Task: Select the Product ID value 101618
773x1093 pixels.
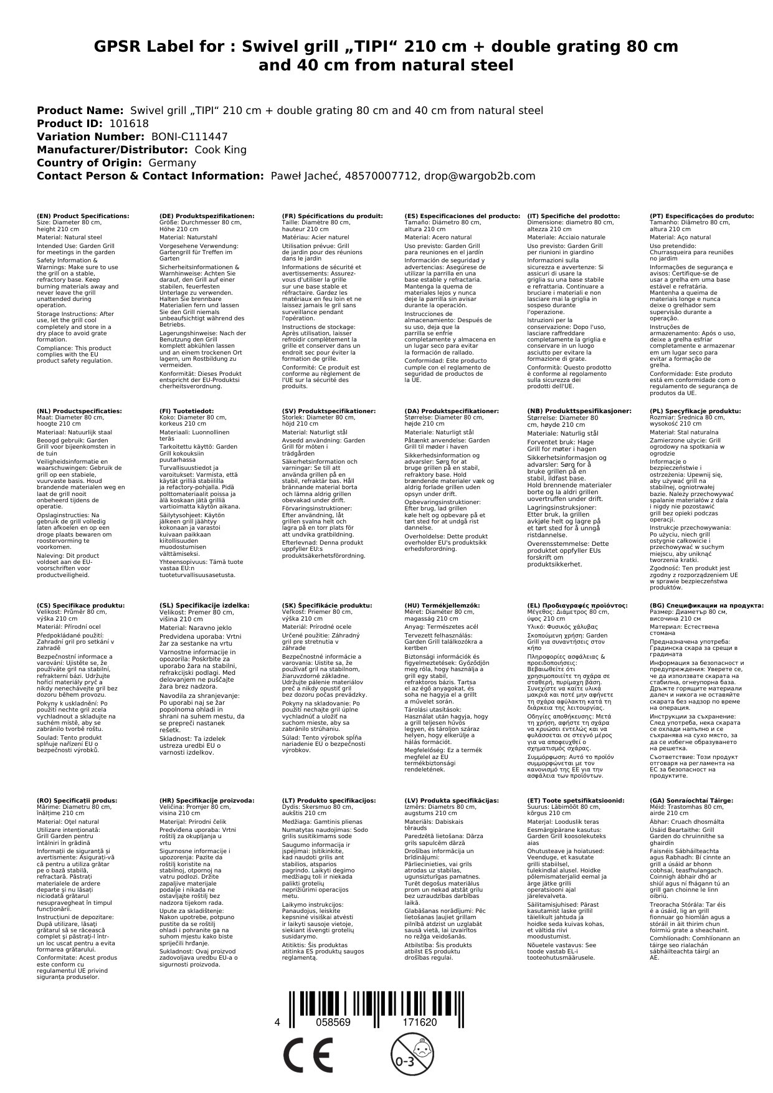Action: tap(129, 123)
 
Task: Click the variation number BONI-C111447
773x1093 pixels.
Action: tap(189, 136)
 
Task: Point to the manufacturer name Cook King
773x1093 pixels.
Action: tap(221, 150)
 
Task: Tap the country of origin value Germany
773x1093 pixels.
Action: tap(172, 163)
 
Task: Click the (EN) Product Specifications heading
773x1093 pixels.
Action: tap(83, 216)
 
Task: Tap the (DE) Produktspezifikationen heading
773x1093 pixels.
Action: tap(207, 216)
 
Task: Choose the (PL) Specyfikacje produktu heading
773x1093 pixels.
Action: tap(695, 411)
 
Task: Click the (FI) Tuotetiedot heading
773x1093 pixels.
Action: tap(186, 411)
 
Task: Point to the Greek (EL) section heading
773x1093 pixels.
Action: tap(577, 605)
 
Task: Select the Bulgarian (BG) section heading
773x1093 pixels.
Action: tap(706, 605)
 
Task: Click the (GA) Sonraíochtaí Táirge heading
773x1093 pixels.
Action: tap(691, 800)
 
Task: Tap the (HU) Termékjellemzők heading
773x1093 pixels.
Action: tap(442, 605)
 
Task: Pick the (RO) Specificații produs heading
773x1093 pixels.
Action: tap(77, 800)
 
